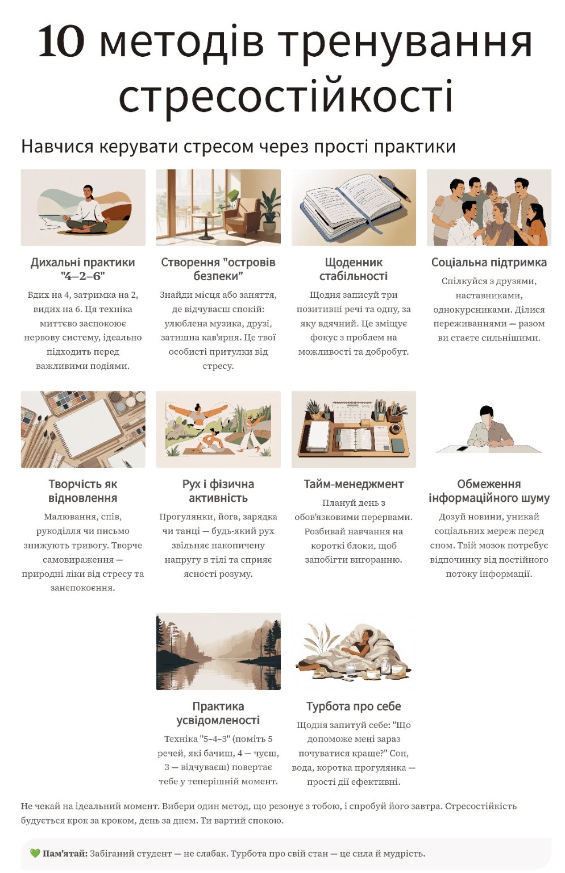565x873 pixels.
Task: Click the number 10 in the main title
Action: (x=61, y=40)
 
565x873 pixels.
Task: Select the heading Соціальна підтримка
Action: (x=489, y=262)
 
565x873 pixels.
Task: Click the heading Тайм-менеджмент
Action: (x=354, y=484)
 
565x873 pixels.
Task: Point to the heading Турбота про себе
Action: (x=354, y=706)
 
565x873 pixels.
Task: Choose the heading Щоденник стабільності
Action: (x=354, y=269)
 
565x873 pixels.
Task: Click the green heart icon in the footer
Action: (x=35, y=854)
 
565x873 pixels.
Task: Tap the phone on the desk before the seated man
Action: (x=462, y=448)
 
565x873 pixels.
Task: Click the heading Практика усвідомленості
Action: (x=218, y=713)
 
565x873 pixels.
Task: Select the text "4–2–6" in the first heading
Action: (x=82, y=276)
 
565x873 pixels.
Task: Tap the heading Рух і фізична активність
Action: (x=218, y=491)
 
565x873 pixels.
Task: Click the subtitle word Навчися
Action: (x=57, y=147)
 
